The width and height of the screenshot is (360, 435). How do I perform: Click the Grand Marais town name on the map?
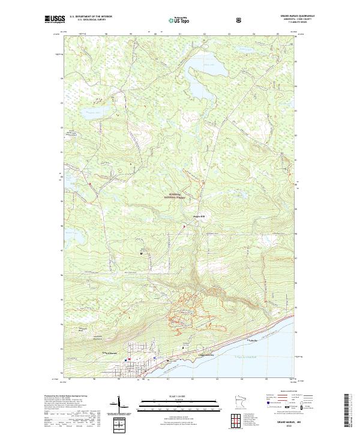coord(108,352)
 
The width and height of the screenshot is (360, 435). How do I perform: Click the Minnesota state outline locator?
coord(241,403)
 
